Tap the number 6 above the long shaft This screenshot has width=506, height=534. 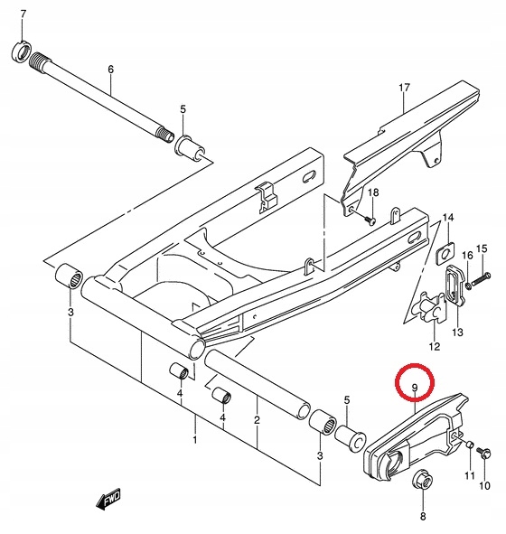coord(110,69)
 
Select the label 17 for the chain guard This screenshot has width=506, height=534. coord(406,87)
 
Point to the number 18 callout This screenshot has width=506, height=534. coord(373,193)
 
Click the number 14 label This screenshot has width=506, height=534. coord(449,220)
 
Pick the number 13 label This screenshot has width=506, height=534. coord(457,333)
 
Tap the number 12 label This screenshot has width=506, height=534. coord(434,347)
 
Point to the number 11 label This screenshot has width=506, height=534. coord(470,475)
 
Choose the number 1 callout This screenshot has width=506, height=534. coord(193,440)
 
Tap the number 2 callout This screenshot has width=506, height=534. coord(257,421)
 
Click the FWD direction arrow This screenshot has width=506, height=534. coord(109,499)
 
